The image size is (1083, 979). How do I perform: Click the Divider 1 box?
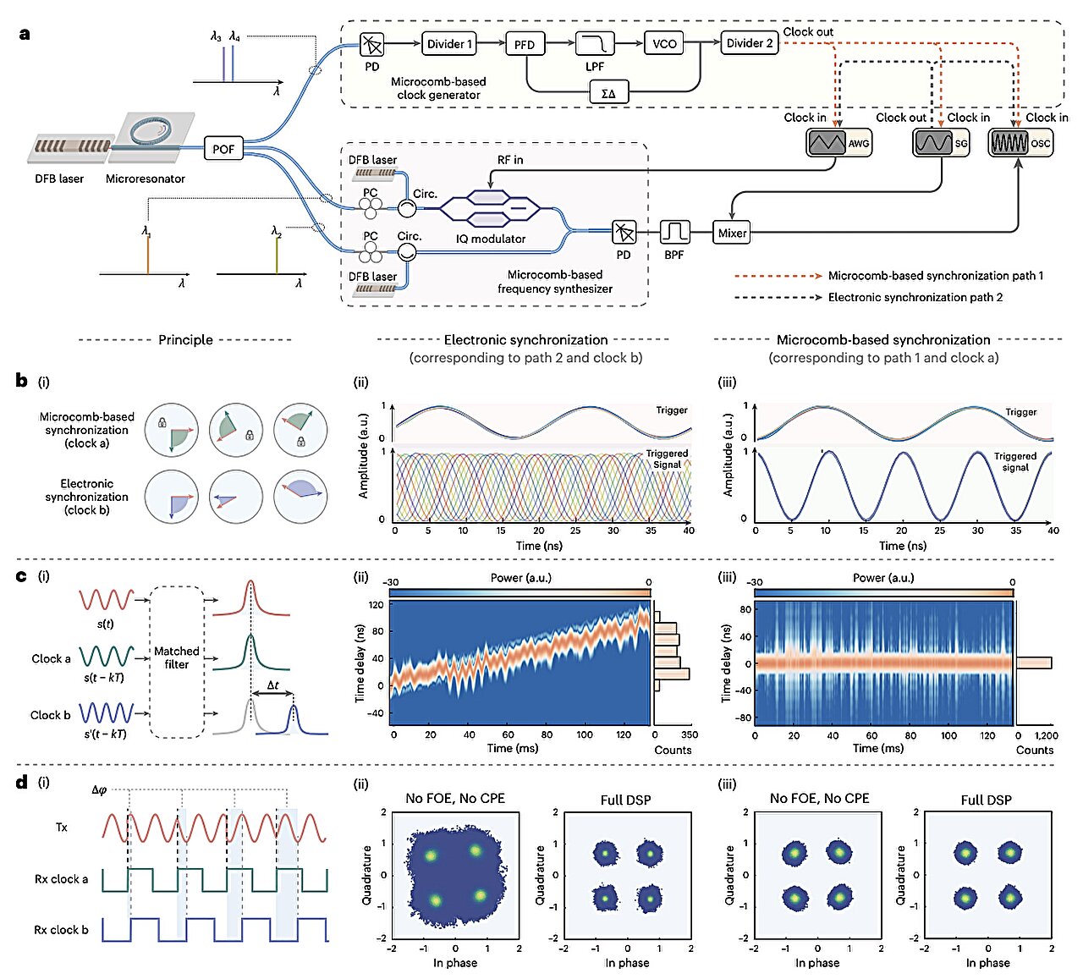449,44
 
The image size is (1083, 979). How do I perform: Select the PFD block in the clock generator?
525,45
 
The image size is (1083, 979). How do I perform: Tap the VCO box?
664,44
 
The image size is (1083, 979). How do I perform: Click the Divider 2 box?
749,44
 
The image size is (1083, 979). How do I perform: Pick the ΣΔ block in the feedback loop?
607,93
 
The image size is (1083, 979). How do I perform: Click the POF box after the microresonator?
223,149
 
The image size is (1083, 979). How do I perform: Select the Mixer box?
732,234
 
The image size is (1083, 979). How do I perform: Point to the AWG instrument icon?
838,143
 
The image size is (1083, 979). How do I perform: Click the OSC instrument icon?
1020,143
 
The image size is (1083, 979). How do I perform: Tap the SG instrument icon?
941,143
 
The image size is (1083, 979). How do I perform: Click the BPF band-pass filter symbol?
674,232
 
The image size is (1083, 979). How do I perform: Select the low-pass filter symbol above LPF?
594,44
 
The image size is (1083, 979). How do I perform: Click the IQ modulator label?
491,239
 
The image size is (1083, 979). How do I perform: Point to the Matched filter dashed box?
177,660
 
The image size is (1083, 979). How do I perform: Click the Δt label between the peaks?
272,685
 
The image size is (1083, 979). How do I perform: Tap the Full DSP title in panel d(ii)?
625,800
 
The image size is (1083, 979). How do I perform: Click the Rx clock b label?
61,930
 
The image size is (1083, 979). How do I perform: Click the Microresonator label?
145,179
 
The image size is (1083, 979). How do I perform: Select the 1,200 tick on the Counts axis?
1046,736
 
